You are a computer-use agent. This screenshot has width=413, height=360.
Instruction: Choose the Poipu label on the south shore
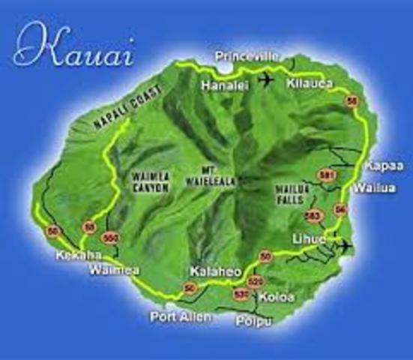pyautogui.click(x=253, y=321)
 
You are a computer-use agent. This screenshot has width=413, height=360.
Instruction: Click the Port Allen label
pyautogui.click(x=180, y=316)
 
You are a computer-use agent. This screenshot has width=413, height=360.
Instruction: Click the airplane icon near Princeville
pyautogui.click(x=266, y=79)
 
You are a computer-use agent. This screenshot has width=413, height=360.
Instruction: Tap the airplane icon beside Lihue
pyautogui.click(x=343, y=246)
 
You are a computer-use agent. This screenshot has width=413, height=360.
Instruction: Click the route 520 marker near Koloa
pyautogui.click(x=256, y=281)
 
